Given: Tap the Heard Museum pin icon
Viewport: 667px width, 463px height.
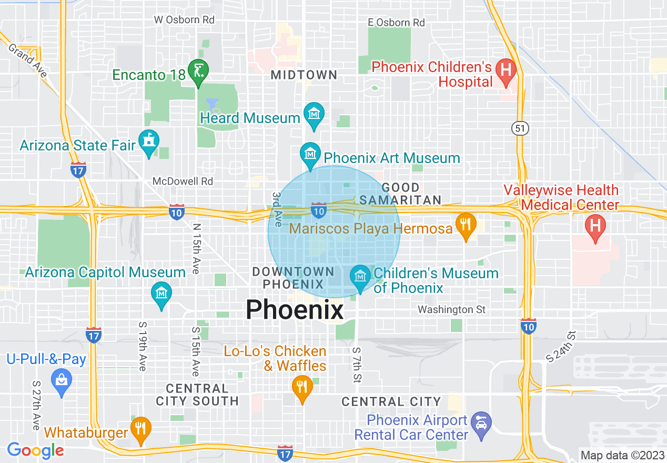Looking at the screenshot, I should tap(314, 114).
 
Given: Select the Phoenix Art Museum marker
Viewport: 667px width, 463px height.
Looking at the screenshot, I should tap(310, 154).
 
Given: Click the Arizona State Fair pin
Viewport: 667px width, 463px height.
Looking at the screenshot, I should tap(149, 142).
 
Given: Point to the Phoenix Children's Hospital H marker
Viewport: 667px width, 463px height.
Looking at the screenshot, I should tap(506, 70).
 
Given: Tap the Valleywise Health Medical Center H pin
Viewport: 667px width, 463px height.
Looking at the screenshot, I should tap(595, 226).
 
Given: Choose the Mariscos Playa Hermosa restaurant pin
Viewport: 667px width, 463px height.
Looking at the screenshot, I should tap(466, 225).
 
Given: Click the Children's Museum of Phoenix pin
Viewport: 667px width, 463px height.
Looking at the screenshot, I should tap(360, 277).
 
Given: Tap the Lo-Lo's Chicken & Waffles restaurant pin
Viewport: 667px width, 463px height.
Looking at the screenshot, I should tap(302, 387).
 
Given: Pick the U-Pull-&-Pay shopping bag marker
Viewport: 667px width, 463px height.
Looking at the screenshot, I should tap(62, 380).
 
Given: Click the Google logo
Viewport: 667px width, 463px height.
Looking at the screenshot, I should tap(36, 450).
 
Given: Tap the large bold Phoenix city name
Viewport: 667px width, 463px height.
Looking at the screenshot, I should tap(295, 309).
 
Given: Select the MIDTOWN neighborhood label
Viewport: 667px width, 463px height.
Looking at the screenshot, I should tap(304, 75).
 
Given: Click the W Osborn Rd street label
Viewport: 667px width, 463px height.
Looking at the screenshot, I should tap(184, 19).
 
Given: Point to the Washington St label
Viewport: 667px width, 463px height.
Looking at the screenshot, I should tap(451, 309).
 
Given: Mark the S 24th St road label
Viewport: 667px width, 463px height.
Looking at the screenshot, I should tap(561, 347).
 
